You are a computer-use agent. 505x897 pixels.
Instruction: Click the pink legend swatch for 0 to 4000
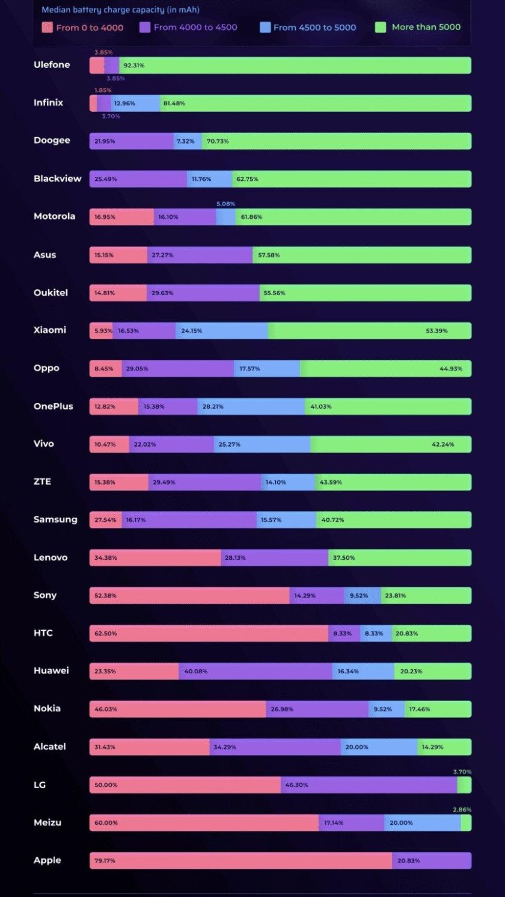[x=47, y=27]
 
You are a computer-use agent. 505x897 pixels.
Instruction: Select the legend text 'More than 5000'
[x=426, y=27]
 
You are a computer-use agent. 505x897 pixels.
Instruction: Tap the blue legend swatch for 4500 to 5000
[x=265, y=27]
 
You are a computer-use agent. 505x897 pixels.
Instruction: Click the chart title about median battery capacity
[x=120, y=10]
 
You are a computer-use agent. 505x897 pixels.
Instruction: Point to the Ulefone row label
[x=52, y=65]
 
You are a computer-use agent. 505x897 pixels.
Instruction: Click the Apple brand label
[x=47, y=860]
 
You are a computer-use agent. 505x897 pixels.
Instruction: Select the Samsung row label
[x=55, y=519]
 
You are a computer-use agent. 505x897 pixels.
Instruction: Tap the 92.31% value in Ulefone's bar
[x=133, y=66]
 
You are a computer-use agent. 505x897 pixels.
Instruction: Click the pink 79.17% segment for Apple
[x=240, y=860]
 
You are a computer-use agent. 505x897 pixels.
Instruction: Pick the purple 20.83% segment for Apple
[x=432, y=860]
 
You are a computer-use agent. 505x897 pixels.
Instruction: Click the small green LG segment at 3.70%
[x=464, y=785]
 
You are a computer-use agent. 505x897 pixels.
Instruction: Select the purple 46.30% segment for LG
[x=369, y=785]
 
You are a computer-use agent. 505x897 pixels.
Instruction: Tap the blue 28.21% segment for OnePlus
[x=251, y=406]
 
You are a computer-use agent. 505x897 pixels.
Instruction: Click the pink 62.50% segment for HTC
[x=209, y=633]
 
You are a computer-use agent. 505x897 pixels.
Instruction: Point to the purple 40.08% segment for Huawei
[x=256, y=671]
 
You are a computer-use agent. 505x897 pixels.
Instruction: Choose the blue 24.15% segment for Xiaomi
[x=222, y=331]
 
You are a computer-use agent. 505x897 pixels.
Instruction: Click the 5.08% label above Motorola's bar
[x=226, y=204]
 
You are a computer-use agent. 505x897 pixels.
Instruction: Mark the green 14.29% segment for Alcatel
[x=444, y=747]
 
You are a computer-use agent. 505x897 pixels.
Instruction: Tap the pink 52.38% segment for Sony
[x=189, y=595]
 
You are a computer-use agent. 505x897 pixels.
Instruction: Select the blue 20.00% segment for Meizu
[x=423, y=822]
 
